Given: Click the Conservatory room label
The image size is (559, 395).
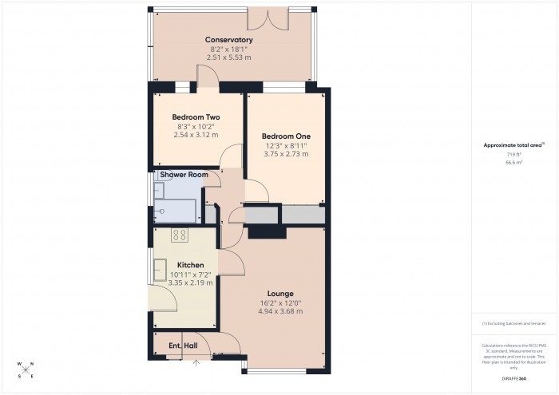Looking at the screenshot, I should coord(228,40).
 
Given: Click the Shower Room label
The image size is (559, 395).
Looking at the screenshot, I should coord(184,175).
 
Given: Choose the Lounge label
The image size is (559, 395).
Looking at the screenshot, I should coord(280,293).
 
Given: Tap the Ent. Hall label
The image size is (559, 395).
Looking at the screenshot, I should coord(183,346).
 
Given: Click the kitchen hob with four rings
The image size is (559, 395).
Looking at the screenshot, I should coord(180,235).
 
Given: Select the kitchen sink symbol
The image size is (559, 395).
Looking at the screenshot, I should coord(160,270).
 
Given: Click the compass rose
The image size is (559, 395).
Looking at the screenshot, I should coord(26,369).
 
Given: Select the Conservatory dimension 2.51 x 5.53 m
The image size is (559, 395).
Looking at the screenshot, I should coord(228,57).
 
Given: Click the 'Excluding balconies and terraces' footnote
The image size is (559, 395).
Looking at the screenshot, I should coord(513,323).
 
